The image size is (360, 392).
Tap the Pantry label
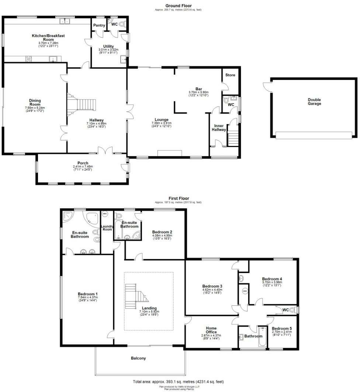99,25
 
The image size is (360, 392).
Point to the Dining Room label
35,102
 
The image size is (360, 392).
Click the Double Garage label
315,102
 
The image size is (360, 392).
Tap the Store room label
230,75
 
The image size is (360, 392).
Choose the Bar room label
199,89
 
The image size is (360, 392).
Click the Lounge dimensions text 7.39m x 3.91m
162,123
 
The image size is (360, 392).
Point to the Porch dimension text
83,167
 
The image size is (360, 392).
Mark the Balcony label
138,358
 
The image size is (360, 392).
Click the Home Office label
211,330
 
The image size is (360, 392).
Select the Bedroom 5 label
281,328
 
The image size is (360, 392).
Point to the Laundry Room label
107,228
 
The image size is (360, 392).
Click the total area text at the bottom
178,381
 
